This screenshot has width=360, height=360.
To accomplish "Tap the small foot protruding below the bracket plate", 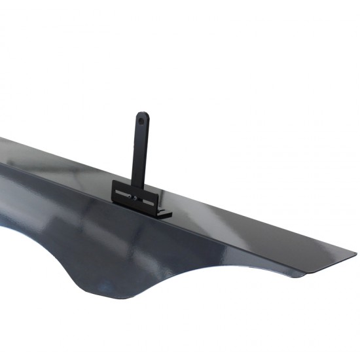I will [x=164, y=213].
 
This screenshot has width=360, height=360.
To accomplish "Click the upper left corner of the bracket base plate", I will [x=113, y=181].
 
